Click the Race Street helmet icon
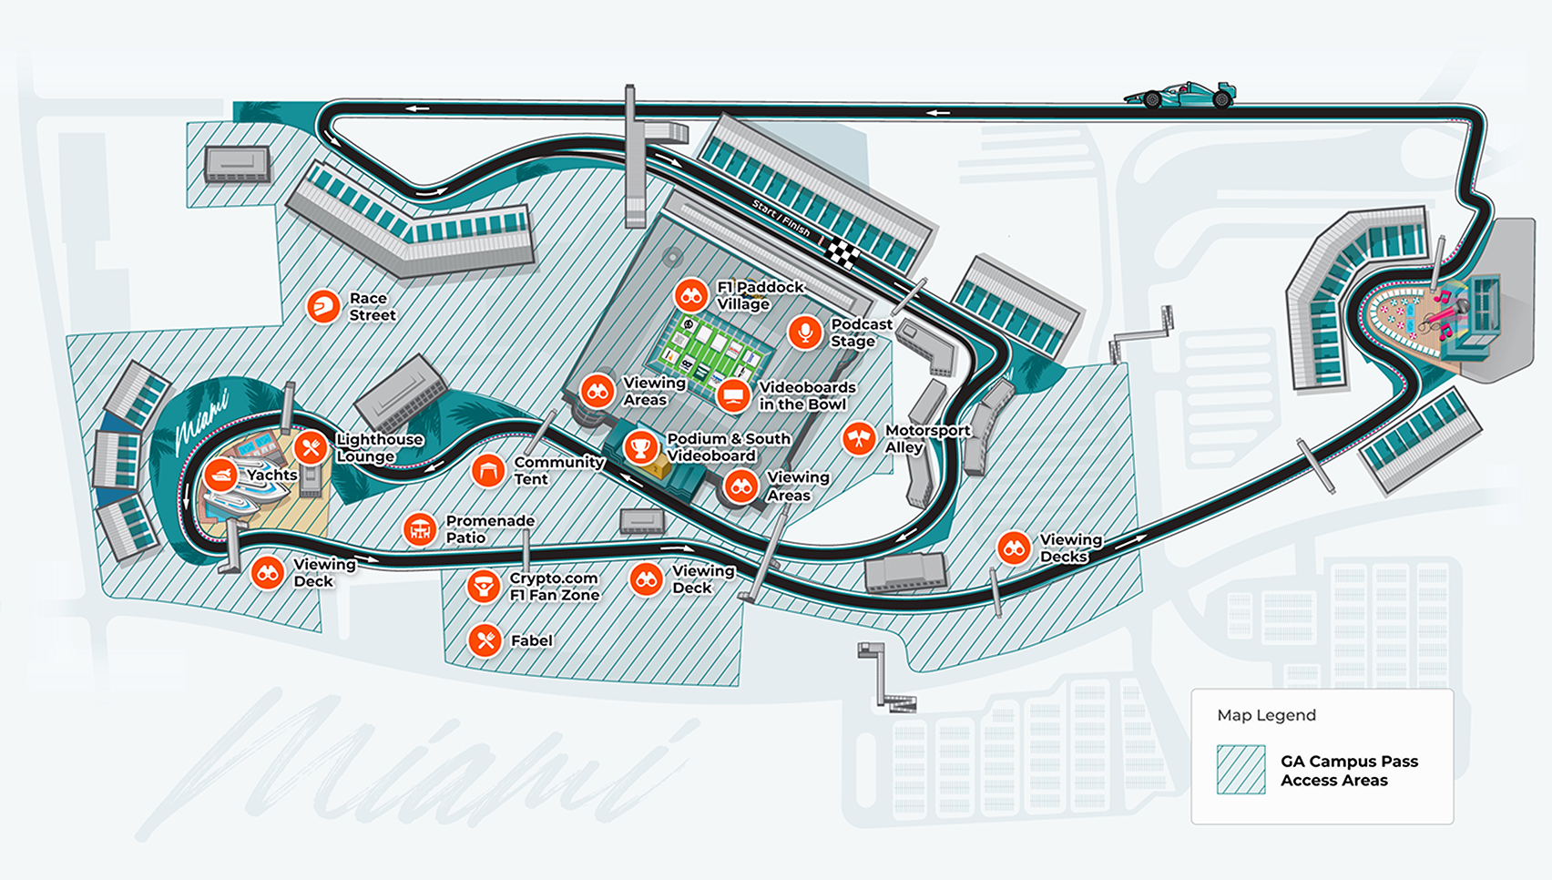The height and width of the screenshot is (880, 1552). [322, 306]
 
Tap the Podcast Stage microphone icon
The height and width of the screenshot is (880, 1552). [805, 333]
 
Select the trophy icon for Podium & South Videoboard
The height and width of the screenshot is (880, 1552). [641, 447]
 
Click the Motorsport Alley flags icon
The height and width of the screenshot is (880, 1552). [859, 439]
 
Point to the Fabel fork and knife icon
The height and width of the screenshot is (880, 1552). [485, 640]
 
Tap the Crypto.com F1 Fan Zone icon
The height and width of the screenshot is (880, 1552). [483, 587]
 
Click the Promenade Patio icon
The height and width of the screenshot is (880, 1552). [420, 528]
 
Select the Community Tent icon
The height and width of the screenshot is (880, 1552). [488, 470]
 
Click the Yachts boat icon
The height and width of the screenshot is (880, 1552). [220, 475]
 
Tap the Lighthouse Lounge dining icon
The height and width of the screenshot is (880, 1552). [311, 447]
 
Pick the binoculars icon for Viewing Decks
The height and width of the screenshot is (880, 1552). [1014, 547]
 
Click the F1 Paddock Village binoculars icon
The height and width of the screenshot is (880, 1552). [691, 295]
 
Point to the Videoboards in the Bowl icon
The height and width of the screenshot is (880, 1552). [733, 395]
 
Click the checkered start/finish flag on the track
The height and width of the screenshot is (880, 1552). [842, 252]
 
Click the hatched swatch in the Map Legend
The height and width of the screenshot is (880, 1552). [1241, 770]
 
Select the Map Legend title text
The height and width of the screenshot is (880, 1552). [1266, 715]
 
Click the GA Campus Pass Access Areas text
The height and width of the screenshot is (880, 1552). [1348, 771]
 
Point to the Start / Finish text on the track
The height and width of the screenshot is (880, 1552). [781, 219]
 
